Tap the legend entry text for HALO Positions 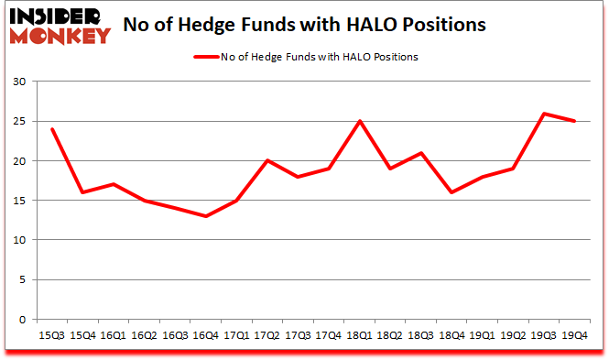coord(319,57)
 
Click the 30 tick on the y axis coord(20,82)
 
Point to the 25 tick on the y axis coord(20,122)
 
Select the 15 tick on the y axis coord(20,201)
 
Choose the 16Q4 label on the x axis coord(206,335)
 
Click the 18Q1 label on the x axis coord(358,335)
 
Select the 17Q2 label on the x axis coord(266,335)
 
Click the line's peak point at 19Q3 coord(544,114)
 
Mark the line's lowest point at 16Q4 coord(206,216)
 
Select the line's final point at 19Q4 coord(574,121)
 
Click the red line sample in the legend coord(206,57)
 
